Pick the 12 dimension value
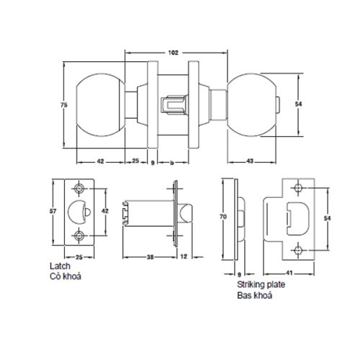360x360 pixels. [x=185, y=256]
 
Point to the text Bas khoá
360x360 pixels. [x=251, y=294]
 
